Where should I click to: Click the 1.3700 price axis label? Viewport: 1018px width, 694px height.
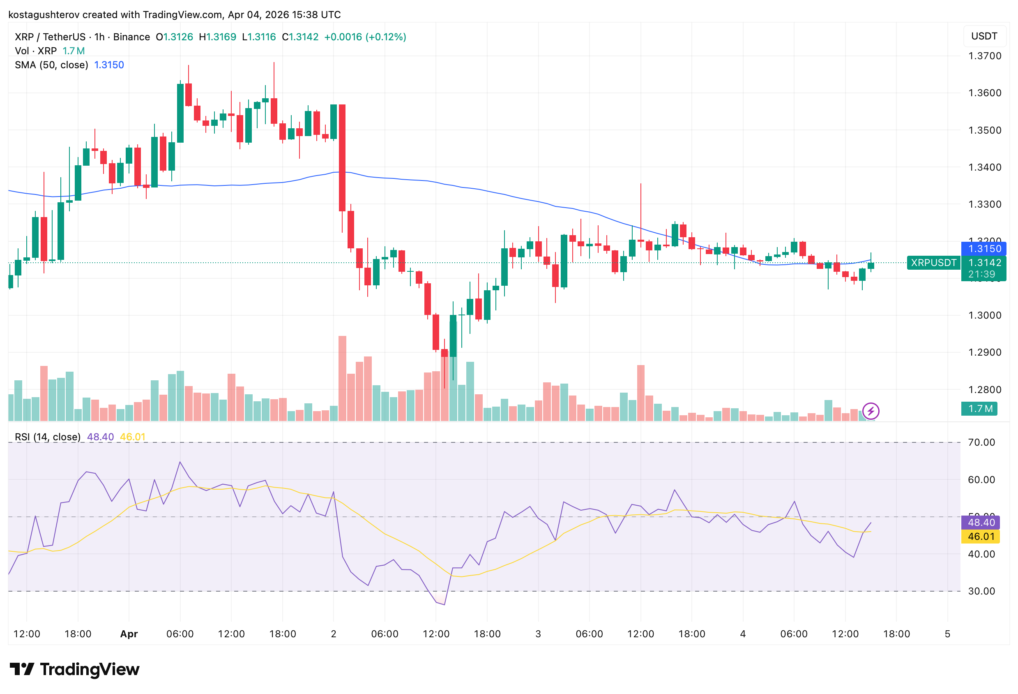click(x=984, y=56)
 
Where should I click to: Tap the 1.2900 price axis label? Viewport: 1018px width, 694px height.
click(x=984, y=352)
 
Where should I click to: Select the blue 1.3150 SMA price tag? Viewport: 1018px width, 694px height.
click(x=984, y=249)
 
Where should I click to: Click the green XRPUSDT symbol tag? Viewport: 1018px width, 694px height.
click(x=933, y=263)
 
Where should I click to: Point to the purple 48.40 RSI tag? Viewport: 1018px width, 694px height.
click(x=980, y=522)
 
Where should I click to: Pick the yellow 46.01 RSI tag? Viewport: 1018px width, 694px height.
click(x=980, y=536)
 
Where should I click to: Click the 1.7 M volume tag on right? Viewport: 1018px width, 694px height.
click(x=979, y=409)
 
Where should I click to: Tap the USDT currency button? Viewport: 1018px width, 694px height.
click(x=984, y=36)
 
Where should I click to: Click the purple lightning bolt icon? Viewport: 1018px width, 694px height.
click(x=871, y=411)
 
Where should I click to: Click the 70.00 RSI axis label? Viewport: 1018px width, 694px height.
click(x=981, y=442)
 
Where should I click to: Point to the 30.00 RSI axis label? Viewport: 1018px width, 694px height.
click(x=981, y=591)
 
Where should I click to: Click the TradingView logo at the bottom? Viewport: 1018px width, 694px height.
click(x=74, y=669)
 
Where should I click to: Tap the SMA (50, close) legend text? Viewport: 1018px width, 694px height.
click(x=51, y=65)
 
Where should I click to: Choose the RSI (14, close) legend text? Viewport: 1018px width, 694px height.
click(x=47, y=437)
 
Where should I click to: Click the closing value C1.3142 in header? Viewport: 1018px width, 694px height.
click(x=300, y=37)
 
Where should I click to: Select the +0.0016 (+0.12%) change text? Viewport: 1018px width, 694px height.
click(x=365, y=37)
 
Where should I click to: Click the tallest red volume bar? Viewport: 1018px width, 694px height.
click(x=342, y=378)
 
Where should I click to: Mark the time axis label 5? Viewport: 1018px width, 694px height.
click(x=947, y=634)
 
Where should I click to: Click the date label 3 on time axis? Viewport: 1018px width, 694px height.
click(x=538, y=634)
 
